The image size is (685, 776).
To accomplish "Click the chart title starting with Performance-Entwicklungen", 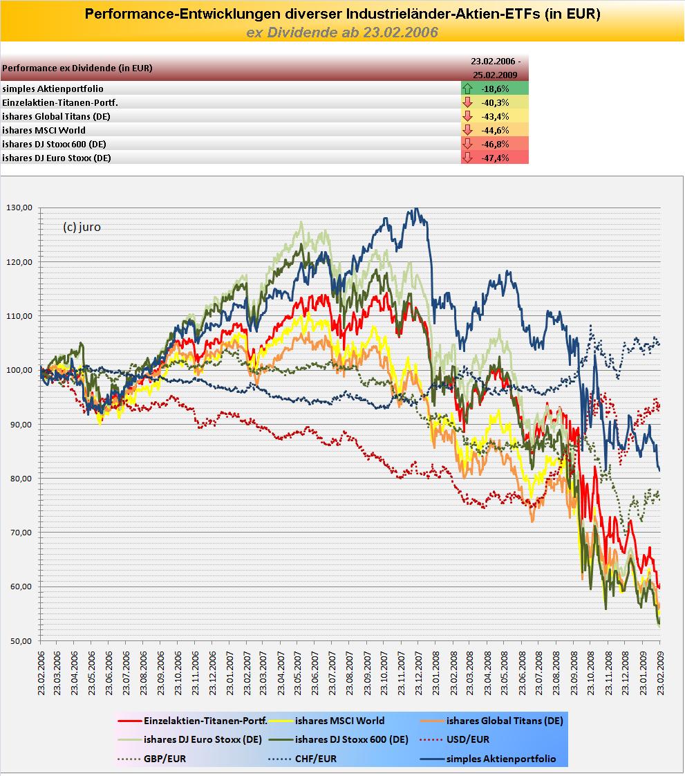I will pyautogui.click(x=342, y=14).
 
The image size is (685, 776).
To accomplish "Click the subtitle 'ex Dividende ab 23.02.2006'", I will pyautogui.click(x=342, y=33).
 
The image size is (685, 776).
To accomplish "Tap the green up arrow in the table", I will pyautogui.click(x=468, y=89).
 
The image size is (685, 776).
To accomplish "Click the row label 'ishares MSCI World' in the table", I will pyautogui.click(x=44, y=130).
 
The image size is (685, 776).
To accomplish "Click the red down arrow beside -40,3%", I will pyautogui.click(x=468, y=102).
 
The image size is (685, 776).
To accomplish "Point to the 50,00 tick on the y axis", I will pyautogui.click(x=21, y=640).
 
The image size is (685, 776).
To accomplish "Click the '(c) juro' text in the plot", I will pyautogui.click(x=82, y=227).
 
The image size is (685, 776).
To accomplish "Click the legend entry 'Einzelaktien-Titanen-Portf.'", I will pyautogui.click(x=203, y=721).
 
